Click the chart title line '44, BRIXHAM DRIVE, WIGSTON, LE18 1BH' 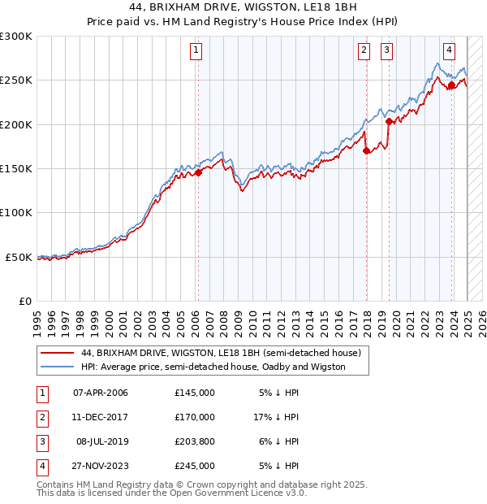(x=243, y=7)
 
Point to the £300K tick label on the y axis (x=16, y=37)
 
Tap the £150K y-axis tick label (x=16, y=169)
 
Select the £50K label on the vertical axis (x=19, y=257)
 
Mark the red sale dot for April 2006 (x=197, y=172)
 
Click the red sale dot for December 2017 (x=366, y=150)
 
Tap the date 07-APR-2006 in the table (x=101, y=393)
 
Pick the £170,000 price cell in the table (x=195, y=417)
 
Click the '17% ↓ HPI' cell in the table (x=276, y=417)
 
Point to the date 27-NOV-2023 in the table (x=101, y=466)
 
